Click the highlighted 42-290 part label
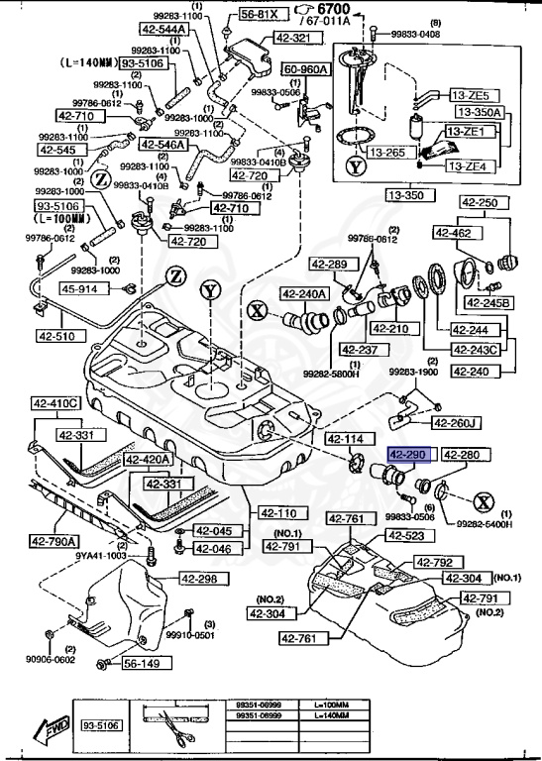click(x=407, y=455)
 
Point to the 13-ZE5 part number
click(x=472, y=96)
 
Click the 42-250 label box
click(x=482, y=202)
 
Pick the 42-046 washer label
click(x=212, y=548)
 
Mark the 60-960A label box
click(x=308, y=70)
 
